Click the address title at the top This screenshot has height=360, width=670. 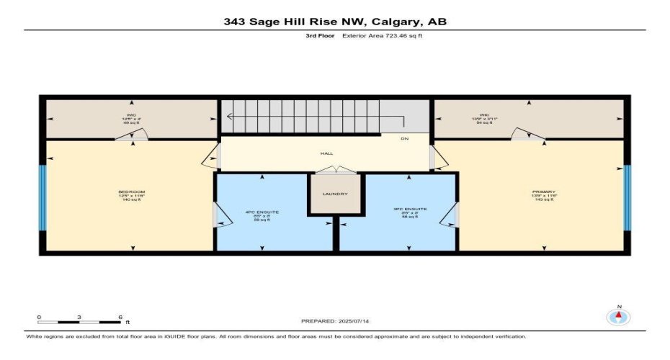click(x=335, y=22)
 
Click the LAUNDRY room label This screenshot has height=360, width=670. click(x=335, y=194)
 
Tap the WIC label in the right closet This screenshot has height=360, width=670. click(x=484, y=115)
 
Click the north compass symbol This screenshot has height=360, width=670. click(x=617, y=316)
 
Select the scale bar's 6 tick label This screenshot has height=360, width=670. click(x=120, y=317)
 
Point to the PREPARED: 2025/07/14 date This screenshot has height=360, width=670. click(x=336, y=320)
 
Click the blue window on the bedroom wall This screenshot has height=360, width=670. click(x=43, y=198)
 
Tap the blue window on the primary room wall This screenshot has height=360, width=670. click(x=627, y=198)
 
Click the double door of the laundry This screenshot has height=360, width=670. click(x=335, y=170)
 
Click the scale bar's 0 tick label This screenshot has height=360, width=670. click(x=39, y=317)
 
